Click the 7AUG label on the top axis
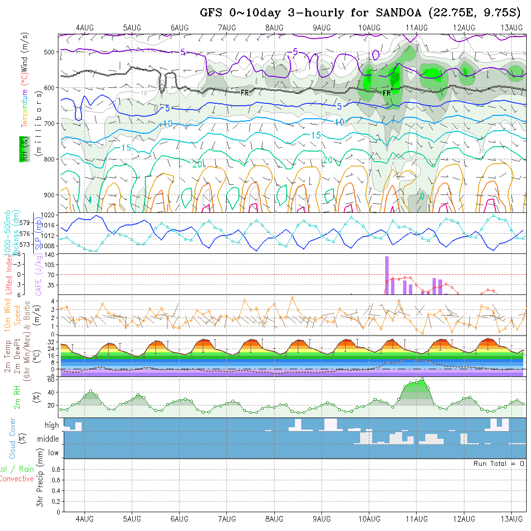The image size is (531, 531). [227, 28]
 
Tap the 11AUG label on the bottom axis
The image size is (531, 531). [416, 519]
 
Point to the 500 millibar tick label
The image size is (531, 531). [51, 52]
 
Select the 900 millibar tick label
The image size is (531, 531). [51, 195]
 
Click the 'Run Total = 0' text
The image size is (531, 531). [499, 463]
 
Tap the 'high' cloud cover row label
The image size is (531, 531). [52, 425]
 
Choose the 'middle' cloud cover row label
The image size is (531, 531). [48, 439]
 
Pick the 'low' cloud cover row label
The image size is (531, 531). [53, 453]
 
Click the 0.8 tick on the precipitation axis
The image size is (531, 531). [55, 469]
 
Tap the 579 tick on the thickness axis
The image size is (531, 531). [26, 223]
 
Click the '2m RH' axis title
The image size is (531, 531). [17, 397]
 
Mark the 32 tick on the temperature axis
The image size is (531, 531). [53, 341]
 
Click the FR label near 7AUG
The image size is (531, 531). [245, 93]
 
